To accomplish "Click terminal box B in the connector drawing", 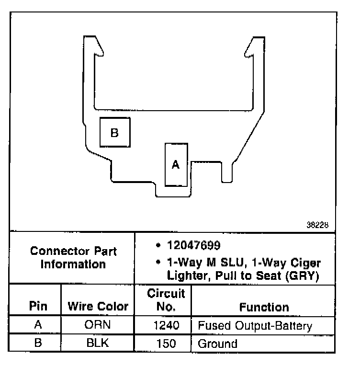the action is click(x=114, y=132).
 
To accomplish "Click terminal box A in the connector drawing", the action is click(x=176, y=164).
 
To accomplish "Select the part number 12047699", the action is click(x=193, y=246).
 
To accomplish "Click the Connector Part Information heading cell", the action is click(x=73, y=257).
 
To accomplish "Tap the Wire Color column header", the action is click(x=98, y=306).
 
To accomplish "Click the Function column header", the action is click(x=264, y=307).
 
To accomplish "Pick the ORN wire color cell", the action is click(x=98, y=326).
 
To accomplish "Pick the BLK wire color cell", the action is click(x=98, y=344).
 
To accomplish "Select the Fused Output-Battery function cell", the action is click(x=255, y=326).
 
